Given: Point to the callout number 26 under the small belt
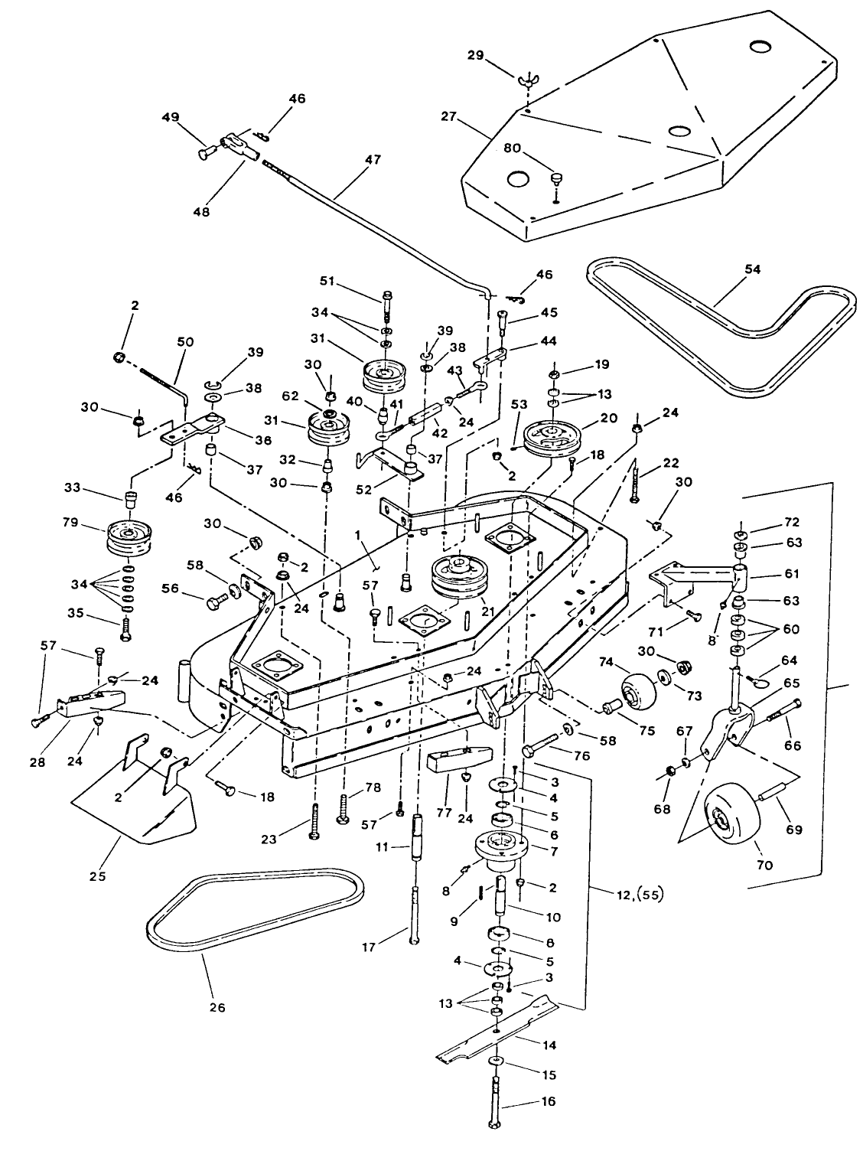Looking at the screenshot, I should [217, 1007].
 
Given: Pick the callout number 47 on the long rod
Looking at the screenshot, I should [373, 161].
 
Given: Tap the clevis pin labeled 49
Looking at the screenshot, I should [207, 153].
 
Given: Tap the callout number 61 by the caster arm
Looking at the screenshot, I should [793, 573].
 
